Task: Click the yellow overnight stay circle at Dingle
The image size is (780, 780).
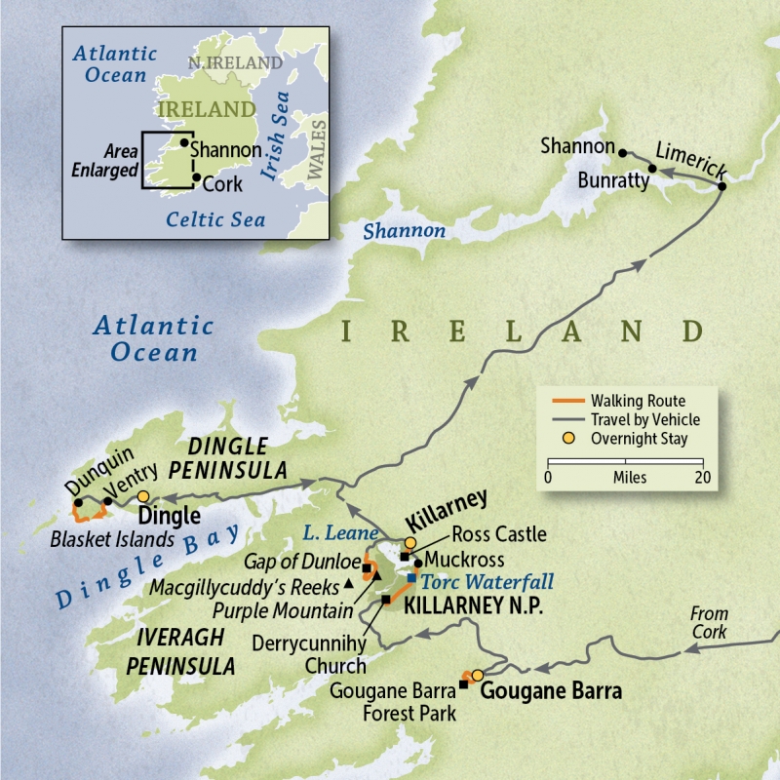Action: (143, 497)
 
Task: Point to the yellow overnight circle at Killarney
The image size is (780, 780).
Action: (410, 543)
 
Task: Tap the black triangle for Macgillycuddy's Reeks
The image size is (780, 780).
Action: (349, 587)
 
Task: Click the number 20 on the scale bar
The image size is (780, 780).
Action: (701, 478)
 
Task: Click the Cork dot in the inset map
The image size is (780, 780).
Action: (197, 178)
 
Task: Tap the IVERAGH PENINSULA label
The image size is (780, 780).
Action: (179, 651)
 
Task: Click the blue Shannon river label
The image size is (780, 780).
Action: (404, 232)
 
